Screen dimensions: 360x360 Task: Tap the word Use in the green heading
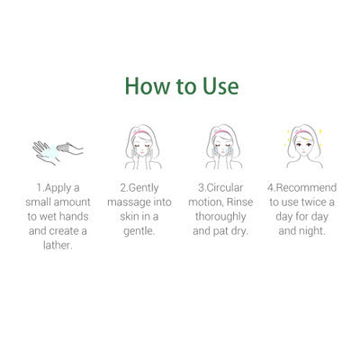(x=218, y=86)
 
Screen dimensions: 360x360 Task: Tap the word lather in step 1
(x=57, y=244)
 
